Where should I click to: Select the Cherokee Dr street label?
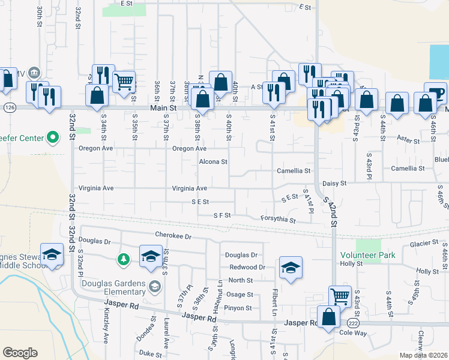[x=172, y=236]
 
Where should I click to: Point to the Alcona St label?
[x=213, y=161]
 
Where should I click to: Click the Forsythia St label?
[x=278, y=220]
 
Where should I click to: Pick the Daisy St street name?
[x=335, y=183]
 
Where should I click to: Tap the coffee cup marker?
[x=435, y=93]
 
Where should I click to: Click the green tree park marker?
[x=123, y=259]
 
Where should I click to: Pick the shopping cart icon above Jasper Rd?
[x=339, y=295]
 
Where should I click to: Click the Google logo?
[x=20, y=353]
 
